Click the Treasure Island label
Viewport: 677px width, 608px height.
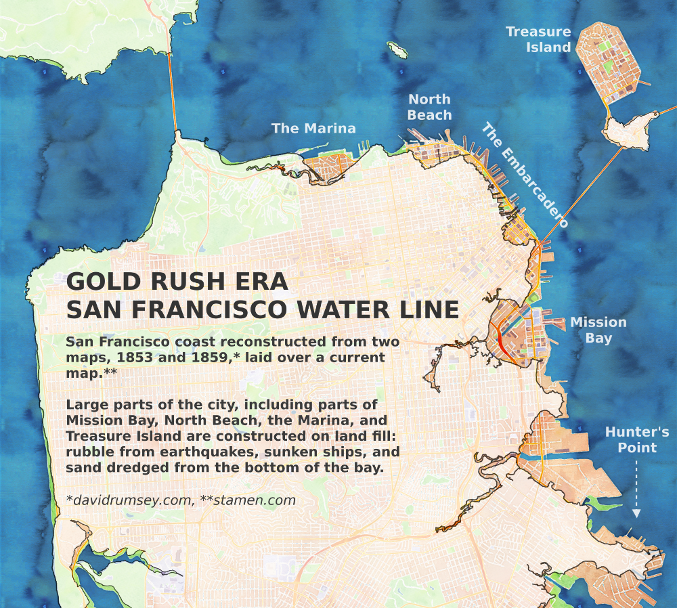538,39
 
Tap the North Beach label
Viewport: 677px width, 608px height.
429,108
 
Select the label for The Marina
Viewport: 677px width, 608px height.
313,128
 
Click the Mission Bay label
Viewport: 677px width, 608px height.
598,330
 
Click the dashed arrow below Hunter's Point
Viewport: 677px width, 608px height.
636,487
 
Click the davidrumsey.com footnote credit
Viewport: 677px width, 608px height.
130,500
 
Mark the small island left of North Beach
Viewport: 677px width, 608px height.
396,50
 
